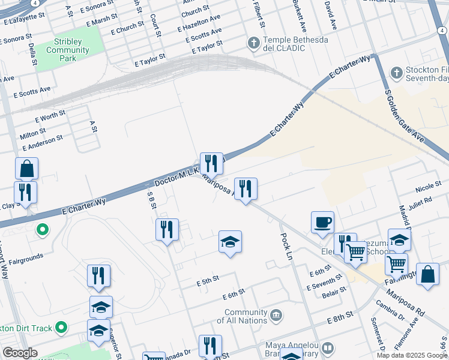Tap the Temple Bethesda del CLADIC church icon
coord(254,43)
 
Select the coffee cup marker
coord(322,222)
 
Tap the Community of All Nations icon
coord(276,314)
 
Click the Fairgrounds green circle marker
coord(43,229)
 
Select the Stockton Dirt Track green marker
coord(60,328)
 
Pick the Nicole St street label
coord(428,190)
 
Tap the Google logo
coord(20,353)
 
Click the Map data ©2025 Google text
coord(412,355)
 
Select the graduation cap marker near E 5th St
coord(229,242)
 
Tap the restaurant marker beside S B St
coord(167,229)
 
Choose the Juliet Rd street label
coord(420,201)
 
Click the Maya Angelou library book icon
coord(328,347)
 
